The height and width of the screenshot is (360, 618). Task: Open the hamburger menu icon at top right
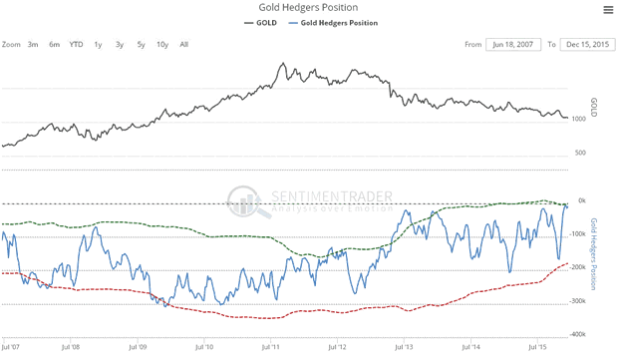tap(607, 10)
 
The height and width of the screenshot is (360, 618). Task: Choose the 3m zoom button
tap(33, 44)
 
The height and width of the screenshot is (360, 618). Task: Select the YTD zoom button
tap(76, 44)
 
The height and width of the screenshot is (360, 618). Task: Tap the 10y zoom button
tap(162, 44)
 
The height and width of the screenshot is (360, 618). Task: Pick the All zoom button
tap(184, 44)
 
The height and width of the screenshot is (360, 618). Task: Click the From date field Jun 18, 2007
tap(512, 44)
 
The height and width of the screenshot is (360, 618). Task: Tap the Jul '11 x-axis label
tap(270, 347)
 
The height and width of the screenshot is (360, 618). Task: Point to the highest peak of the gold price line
tap(283, 64)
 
